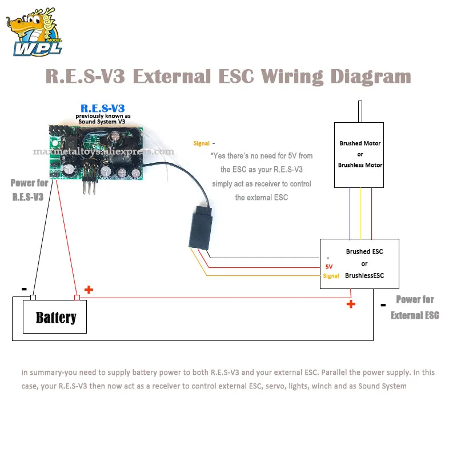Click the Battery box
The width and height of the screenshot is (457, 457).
click(55, 317)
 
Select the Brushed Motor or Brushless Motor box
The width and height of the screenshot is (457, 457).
click(360, 154)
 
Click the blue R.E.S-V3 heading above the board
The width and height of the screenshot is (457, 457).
click(102, 108)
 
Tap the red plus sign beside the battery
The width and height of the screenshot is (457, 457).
click(89, 290)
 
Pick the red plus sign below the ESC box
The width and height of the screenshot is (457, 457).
click(350, 304)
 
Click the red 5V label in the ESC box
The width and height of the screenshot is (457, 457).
click(328, 267)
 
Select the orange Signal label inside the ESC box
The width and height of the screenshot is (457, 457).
click(331, 276)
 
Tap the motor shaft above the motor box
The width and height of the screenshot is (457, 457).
click(360, 111)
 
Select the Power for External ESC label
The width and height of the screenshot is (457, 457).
click(415, 307)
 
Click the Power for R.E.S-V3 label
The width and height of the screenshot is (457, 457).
click(29, 190)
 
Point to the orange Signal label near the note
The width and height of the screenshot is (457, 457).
click(201, 144)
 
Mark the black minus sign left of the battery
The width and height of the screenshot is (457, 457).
click(24, 290)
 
